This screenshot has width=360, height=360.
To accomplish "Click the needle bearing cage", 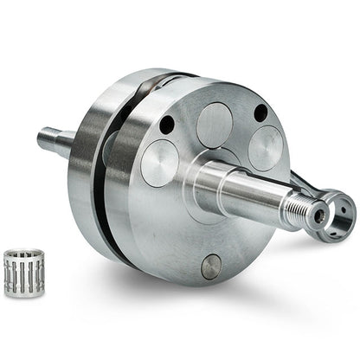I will pos(23,273).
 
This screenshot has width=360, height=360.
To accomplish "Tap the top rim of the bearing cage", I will pos(23,254).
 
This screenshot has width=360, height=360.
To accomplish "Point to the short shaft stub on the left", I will pos(54,141).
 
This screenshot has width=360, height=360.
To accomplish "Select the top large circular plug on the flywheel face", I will pos(214,124).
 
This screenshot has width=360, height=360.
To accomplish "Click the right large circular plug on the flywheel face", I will pos(265,146).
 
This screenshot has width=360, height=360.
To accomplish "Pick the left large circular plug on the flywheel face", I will pos(159,162).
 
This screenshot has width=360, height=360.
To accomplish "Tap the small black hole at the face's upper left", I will pos(167,125).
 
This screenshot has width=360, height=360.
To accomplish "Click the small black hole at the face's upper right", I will pos(260,113).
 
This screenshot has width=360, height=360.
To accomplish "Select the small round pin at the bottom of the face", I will pos(211,267).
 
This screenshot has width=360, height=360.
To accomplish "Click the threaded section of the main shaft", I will pos(299,208).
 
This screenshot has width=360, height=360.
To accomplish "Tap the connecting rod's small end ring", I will pos(340,208).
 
